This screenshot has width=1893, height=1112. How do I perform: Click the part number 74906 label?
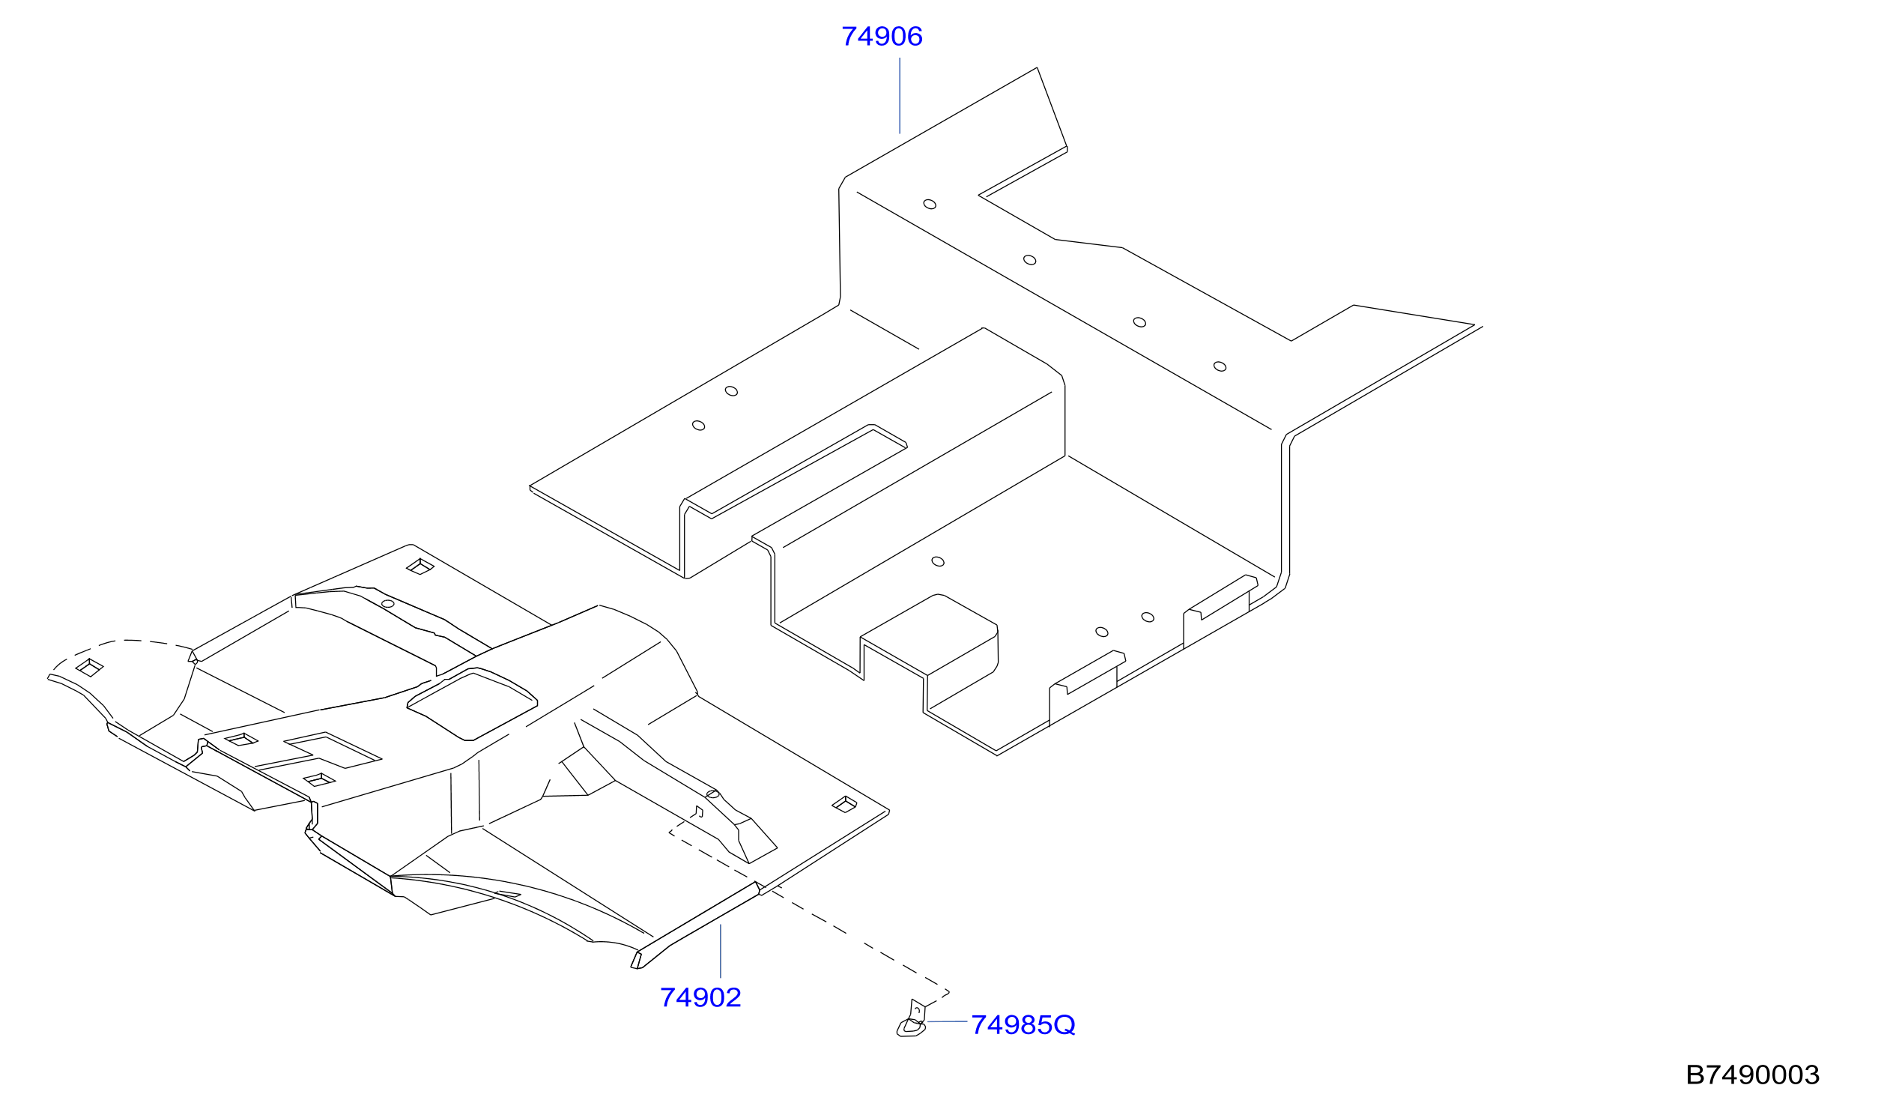pyautogui.click(x=881, y=36)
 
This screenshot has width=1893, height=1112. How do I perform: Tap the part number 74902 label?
pyautogui.click(x=700, y=998)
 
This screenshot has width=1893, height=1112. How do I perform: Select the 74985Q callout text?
pyautogui.click(x=1023, y=1025)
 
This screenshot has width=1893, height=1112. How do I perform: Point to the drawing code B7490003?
pyautogui.click(x=1751, y=1075)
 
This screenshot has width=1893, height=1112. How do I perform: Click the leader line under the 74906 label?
pyautogui.click(x=899, y=95)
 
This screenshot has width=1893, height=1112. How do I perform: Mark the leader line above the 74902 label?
pyautogui.click(x=720, y=951)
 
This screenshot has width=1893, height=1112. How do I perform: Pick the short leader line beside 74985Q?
pyautogui.click(x=948, y=1022)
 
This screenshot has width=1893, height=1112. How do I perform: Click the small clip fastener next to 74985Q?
pyautogui.click(x=912, y=1021)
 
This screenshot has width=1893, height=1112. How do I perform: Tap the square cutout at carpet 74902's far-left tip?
pyautogui.click(x=89, y=668)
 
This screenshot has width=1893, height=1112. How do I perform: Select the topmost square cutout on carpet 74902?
pyautogui.click(x=420, y=566)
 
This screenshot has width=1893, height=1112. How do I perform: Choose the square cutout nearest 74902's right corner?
pyautogui.click(x=844, y=805)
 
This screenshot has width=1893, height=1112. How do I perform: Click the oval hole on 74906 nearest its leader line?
pyautogui.click(x=929, y=205)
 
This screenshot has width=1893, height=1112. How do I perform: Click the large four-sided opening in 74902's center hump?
pyautogui.click(x=473, y=704)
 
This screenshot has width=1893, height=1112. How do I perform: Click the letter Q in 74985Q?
pyautogui.click(x=1064, y=1026)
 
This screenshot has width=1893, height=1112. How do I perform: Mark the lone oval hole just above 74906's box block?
pyautogui.click(x=937, y=561)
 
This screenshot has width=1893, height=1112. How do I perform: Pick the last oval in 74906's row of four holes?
pyautogui.click(x=1220, y=366)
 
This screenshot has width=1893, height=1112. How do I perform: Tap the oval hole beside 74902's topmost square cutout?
pyautogui.click(x=387, y=603)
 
